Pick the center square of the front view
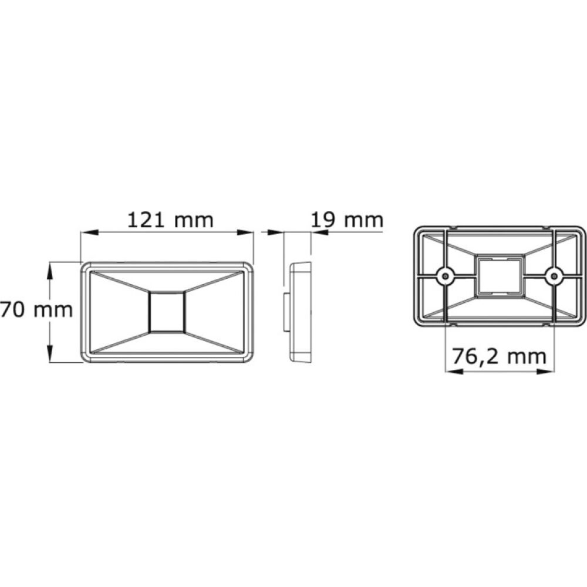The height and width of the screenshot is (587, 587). (x=167, y=311)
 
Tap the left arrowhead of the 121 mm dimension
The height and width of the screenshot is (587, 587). (x=87, y=232)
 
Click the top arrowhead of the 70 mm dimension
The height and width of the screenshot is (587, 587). (x=50, y=268)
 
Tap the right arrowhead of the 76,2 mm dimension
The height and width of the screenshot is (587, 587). (x=548, y=370)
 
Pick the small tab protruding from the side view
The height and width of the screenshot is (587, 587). (x=287, y=312)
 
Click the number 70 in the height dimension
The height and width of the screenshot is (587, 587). (x=11, y=309)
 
